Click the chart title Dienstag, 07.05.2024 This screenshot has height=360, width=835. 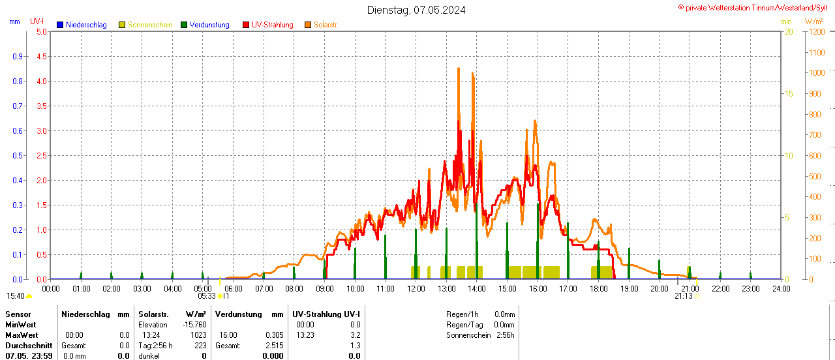click(x=416, y=10)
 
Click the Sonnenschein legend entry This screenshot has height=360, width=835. click(x=149, y=25)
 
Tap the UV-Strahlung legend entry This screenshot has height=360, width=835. click(x=272, y=25)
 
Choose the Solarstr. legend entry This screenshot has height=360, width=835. click(x=326, y=25)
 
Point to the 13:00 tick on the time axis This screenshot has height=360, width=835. click(x=446, y=288)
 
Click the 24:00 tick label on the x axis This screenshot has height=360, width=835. click(x=781, y=288)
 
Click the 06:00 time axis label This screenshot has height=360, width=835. click(x=233, y=288)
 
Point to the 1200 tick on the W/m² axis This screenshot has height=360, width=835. click(x=816, y=31)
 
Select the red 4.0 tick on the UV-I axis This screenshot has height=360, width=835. click(x=41, y=81)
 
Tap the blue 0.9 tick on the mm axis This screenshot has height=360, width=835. click(x=18, y=56)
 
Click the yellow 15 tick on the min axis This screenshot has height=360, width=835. click(x=788, y=93)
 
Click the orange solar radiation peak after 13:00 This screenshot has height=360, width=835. click(x=459, y=68)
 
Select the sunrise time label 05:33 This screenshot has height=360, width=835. click(x=207, y=296)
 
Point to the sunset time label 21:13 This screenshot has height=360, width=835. click(x=683, y=296)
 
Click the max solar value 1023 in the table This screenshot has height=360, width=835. click(x=198, y=335)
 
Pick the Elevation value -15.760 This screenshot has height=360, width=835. click(x=194, y=324)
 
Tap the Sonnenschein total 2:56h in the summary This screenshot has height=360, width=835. click(x=504, y=335)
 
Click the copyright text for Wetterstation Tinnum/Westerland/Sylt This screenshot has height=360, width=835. click(x=756, y=7)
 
